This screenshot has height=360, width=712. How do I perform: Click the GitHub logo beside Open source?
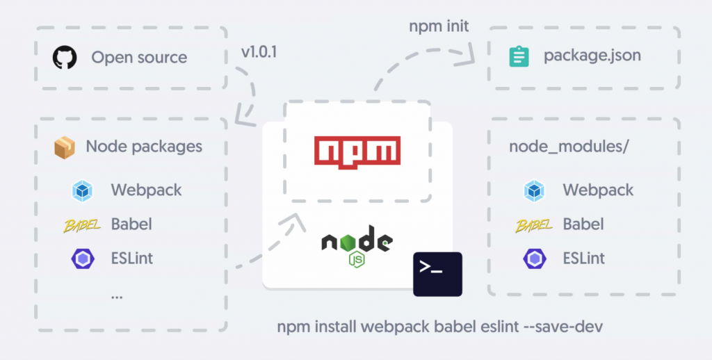pyautogui.click(x=65, y=57)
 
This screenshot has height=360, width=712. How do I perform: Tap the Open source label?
pyautogui.click(x=139, y=57)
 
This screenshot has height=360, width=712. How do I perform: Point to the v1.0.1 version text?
pyautogui.click(x=259, y=52)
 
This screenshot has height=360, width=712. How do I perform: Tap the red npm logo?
pyautogui.click(x=357, y=151)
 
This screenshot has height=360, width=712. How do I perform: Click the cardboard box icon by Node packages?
pyautogui.click(x=65, y=147)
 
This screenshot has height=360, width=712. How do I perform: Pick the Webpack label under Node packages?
pyautogui.click(x=145, y=190)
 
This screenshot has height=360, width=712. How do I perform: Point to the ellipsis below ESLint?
pyautogui.click(x=117, y=295)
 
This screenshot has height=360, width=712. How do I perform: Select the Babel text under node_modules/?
pyautogui.click(x=583, y=224)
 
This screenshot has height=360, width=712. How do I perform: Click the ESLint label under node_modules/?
pyautogui.click(x=584, y=259)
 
